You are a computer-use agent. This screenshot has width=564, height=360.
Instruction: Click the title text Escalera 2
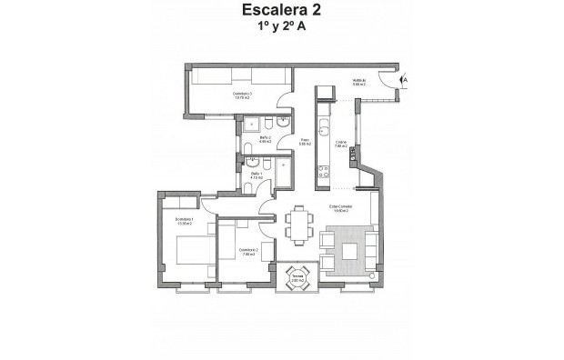pos(281,11)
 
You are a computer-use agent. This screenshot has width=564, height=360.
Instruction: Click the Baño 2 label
pos(266,140)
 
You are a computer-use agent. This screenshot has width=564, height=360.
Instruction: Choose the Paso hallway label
pos(305,142)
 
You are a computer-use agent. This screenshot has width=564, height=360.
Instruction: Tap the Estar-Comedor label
pos(340,208)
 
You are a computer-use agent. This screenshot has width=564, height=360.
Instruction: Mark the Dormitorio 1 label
pos(186,222)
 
